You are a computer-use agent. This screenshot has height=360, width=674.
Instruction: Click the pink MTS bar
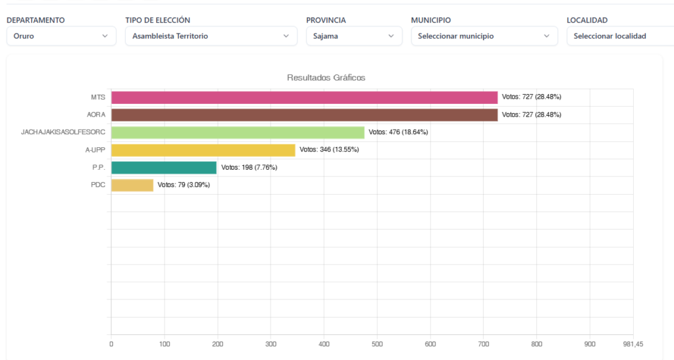click(x=304, y=97)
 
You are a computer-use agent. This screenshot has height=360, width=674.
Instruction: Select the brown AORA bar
click(x=304, y=115)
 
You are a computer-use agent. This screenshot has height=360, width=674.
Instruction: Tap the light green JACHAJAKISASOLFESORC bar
click(x=238, y=132)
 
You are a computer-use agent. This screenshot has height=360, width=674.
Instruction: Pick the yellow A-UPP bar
click(x=203, y=150)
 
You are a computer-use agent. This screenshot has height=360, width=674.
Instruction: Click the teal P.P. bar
click(x=164, y=168)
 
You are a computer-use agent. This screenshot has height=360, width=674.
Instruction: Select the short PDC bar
click(x=132, y=185)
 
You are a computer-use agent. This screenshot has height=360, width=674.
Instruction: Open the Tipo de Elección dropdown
click(x=211, y=36)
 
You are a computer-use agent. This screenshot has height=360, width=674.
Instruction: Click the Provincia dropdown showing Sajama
click(x=353, y=36)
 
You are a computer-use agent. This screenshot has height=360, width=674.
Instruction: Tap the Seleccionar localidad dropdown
click(x=619, y=36)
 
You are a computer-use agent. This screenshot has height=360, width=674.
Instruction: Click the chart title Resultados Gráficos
click(x=326, y=78)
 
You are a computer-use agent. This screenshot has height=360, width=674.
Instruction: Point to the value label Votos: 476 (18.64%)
click(x=398, y=132)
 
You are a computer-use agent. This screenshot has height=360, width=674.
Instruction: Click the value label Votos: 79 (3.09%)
click(x=184, y=185)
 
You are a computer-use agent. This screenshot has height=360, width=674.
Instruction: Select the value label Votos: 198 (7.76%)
click(x=249, y=168)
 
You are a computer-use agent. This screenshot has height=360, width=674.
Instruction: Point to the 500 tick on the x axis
click(x=377, y=344)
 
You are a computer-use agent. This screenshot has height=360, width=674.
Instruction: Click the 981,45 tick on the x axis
click(x=633, y=344)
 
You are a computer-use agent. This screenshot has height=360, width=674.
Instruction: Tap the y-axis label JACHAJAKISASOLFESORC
click(x=63, y=132)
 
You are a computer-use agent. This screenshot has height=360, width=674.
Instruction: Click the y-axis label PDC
click(x=97, y=185)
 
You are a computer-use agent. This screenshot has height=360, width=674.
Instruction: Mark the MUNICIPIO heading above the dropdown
click(x=431, y=20)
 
